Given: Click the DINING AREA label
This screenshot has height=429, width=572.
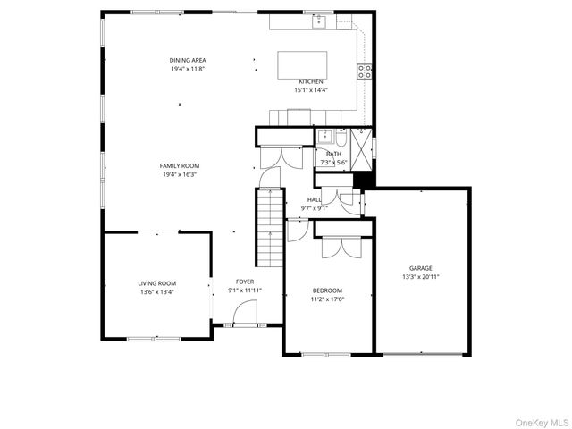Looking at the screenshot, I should point(188,60).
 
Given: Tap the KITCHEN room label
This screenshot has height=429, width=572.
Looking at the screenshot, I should point(311,81).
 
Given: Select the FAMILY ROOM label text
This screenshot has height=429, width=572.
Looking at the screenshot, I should point(180,165).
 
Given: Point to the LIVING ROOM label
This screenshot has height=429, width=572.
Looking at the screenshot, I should point(156,283).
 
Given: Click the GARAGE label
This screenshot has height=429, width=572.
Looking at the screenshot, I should point(421,268).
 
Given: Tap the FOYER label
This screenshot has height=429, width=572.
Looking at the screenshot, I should point(245,282).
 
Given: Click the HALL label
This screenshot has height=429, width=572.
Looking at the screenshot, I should point(314,200).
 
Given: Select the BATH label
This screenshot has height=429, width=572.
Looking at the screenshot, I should point(333,154).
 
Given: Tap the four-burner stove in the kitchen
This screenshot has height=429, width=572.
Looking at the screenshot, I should point(365,71).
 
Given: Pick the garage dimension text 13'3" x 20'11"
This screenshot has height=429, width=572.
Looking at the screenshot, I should point(421,277).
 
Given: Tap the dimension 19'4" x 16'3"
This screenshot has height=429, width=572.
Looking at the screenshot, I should point(180,175).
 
